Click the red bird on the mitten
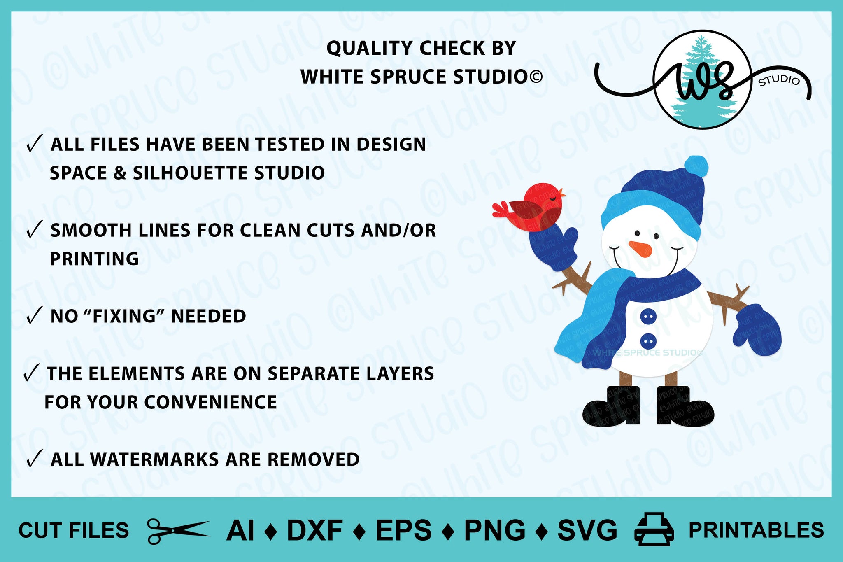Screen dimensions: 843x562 click(531, 205)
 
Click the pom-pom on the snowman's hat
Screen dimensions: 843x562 click(696, 166)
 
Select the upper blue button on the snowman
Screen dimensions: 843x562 click(648, 317)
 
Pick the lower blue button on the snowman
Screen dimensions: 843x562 click(648, 341)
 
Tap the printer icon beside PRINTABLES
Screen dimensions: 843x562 click(654, 529)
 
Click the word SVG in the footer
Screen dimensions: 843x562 click(587, 530)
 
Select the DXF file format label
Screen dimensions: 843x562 click(315, 530)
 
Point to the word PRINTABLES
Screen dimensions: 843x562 click(757, 530)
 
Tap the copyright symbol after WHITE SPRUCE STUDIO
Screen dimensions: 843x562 click(536, 77)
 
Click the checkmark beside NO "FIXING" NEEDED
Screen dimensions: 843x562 click(34, 316)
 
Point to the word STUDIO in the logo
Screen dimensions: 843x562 click(779, 80)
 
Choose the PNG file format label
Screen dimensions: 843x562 click(495, 530)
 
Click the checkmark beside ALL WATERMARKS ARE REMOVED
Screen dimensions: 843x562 click(34, 459)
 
